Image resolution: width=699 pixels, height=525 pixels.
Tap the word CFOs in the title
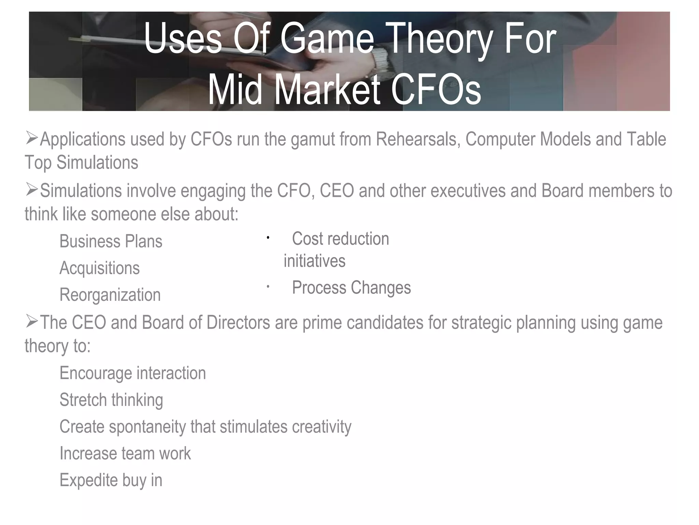(x=436, y=90)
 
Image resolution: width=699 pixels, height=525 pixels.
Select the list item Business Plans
(x=111, y=241)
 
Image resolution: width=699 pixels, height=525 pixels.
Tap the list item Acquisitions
(x=100, y=268)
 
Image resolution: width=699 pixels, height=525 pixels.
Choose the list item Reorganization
(x=110, y=295)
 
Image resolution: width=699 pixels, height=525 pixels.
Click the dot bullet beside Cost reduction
(x=268, y=238)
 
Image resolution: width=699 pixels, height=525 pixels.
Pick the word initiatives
(x=314, y=261)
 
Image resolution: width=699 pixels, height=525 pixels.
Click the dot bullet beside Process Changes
(x=268, y=287)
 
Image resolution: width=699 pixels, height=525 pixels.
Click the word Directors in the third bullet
(x=238, y=323)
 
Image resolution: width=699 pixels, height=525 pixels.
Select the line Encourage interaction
(x=133, y=373)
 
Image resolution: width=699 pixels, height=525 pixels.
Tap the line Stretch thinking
(x=111, y=400)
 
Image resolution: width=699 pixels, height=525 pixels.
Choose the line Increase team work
(x=125, y=454)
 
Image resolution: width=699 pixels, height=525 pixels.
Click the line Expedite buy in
(x=111, y=480)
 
